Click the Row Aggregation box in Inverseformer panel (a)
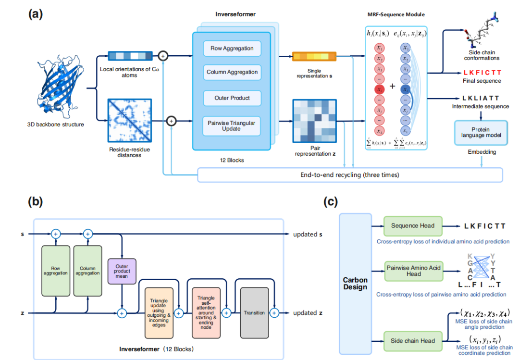(232, 49)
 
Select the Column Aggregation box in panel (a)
(232, 72)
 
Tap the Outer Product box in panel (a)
(232, 98)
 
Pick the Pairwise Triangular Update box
(232, 125)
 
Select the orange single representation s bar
(315, 57)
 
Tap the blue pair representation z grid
(315, 120)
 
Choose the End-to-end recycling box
(350, 174)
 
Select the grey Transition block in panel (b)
(254, 312)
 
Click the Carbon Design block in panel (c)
(355, 284)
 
